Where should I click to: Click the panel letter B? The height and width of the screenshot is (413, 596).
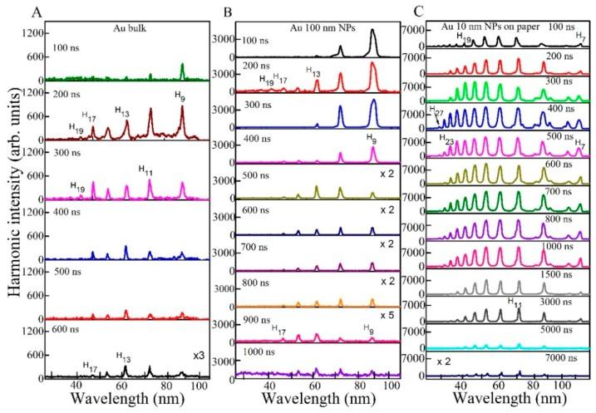224,12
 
